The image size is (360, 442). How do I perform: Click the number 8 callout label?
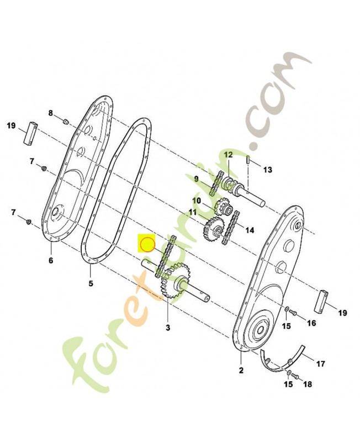pos(51,113)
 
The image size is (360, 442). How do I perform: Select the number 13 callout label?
pos(267,170)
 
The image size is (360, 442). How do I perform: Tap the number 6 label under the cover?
pos(51,260)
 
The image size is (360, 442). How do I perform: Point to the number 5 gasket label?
pos(91,284)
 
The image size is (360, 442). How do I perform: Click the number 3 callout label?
pos(168,328)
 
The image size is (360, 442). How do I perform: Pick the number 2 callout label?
pos(241,369)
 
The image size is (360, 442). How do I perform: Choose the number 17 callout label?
pos(320,364)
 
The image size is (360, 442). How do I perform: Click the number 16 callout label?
pos(311,323)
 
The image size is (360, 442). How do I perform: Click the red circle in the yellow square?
pos(147,243)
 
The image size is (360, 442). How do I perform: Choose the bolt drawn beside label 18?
pos(294,376)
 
